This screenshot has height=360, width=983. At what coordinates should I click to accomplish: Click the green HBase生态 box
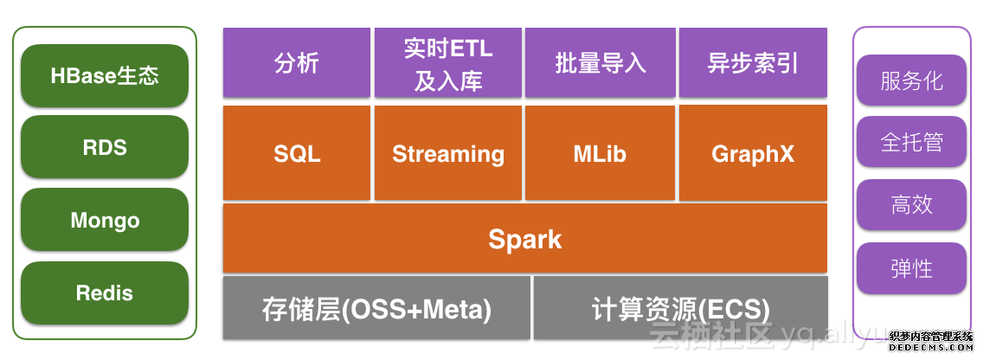[x=105, y=76]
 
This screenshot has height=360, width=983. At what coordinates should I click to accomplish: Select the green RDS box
[x=105, y=148]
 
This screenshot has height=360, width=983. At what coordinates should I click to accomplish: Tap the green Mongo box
[x=105, y=221]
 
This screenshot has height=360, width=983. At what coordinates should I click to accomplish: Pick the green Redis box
[x=105, y=293]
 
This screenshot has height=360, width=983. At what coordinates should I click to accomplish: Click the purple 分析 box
[x=297, y=63]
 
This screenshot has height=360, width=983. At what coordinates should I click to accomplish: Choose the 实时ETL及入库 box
[x=448, y=63]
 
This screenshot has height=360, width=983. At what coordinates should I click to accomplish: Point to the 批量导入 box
[x=601, y=63]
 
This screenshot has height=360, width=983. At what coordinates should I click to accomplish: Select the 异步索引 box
[x=753, y=63]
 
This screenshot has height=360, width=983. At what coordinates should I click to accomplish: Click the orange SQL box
[x=297, y=154]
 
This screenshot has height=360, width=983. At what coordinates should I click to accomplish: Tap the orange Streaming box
[x=448, y=154]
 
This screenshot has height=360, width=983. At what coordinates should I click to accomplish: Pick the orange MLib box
[x=601, y=154]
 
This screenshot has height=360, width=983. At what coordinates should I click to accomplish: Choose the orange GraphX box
[x=753, y=154]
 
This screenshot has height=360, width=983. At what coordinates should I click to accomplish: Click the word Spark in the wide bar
[x=524, y=239]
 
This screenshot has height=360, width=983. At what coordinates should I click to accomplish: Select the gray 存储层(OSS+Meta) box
[x=376, y=308]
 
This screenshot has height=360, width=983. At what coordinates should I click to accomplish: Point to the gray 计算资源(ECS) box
[x=681, y=308]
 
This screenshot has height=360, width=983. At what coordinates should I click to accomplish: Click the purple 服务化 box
[x=911, y=81]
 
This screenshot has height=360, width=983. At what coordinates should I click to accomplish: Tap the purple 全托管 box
[x=911, y=142]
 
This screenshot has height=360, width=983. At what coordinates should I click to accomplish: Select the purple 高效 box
[x=911, y=205]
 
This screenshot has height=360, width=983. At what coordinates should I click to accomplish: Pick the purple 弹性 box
[x=911, y=268]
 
